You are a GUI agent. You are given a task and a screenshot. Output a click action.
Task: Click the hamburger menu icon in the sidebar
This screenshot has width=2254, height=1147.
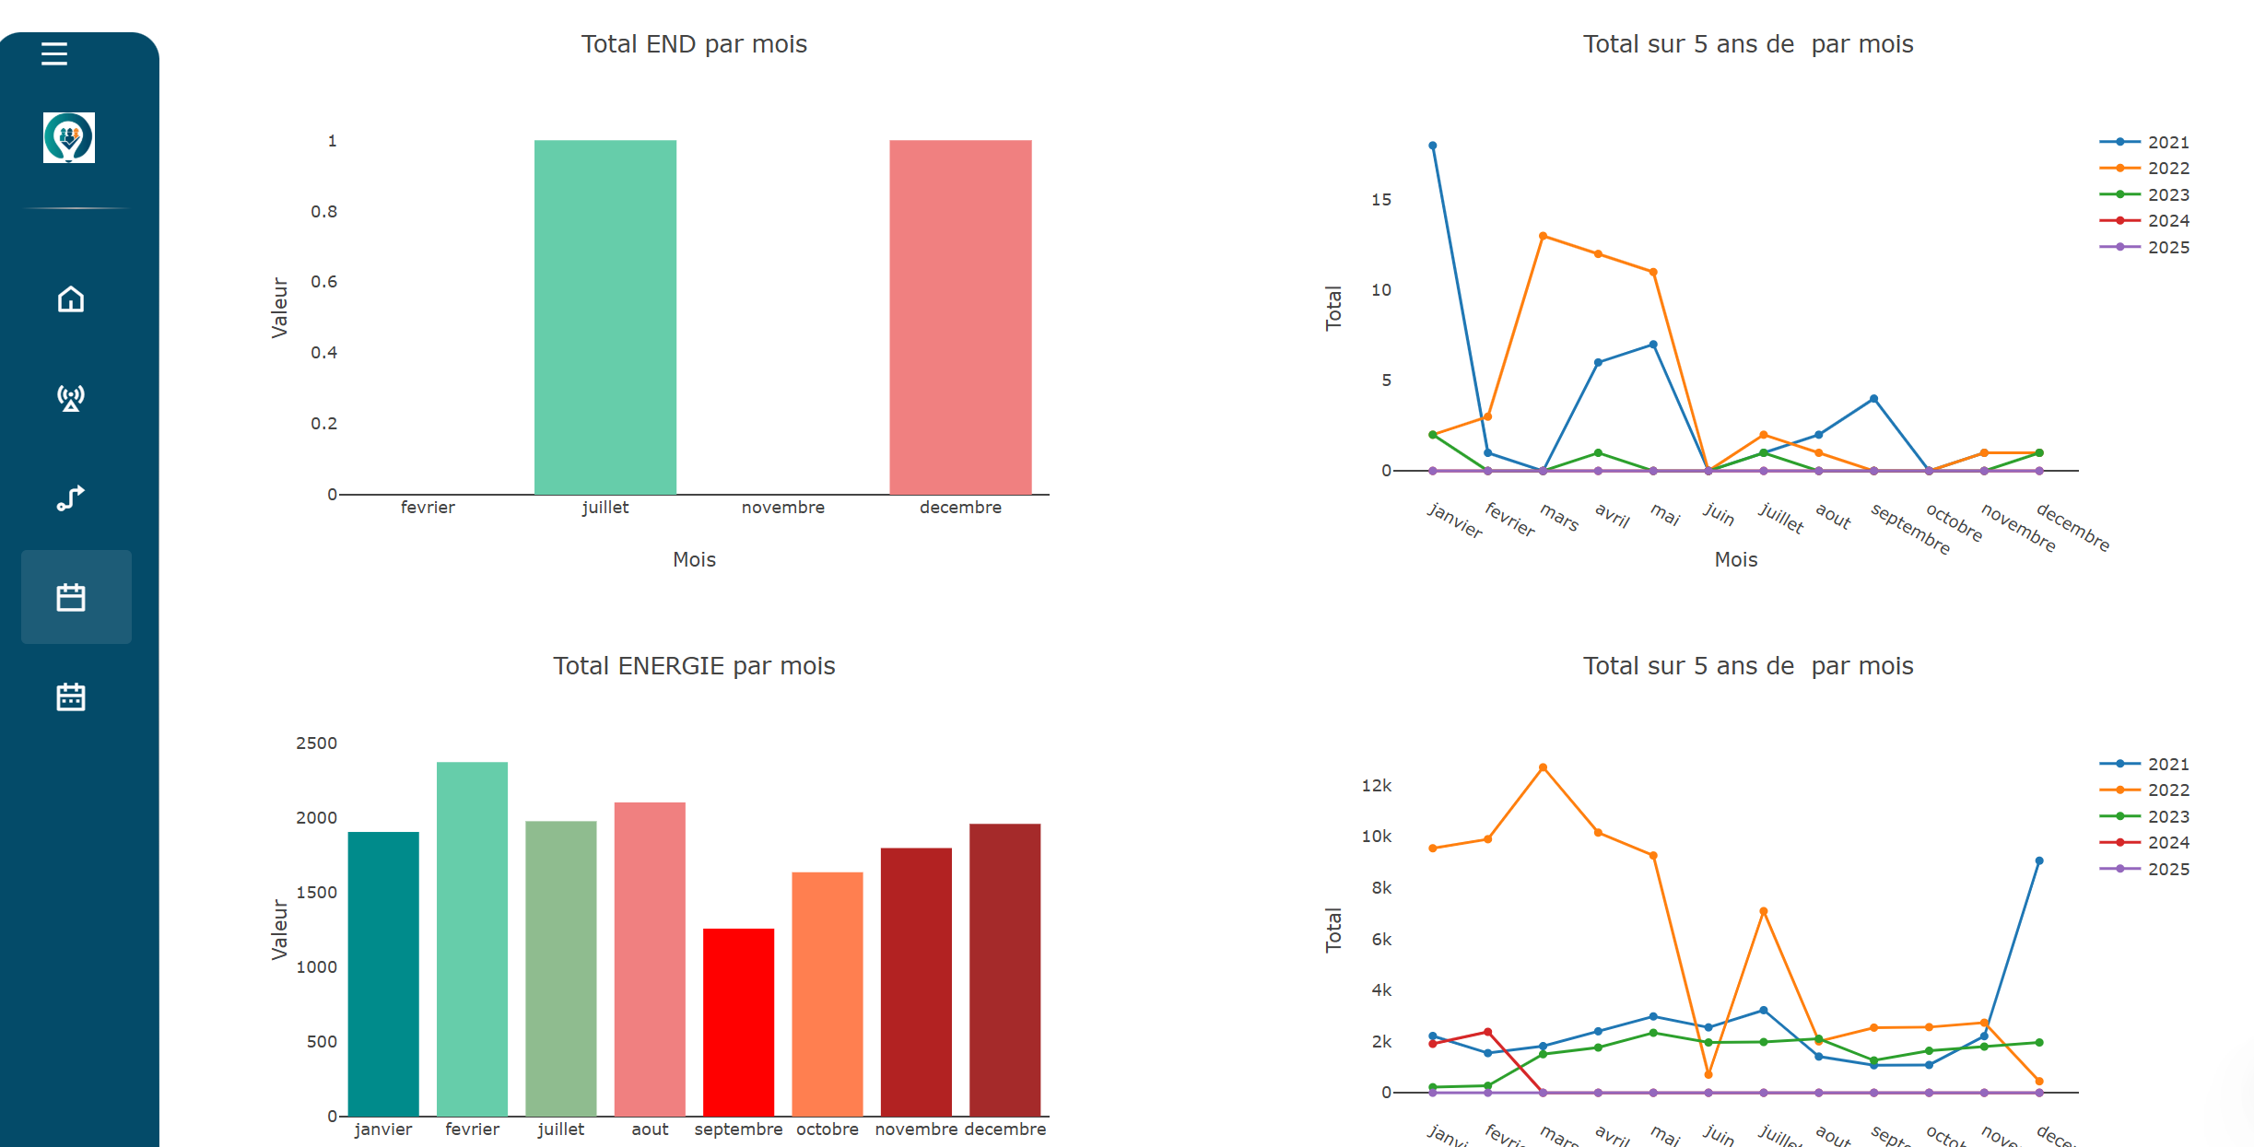(54, 53)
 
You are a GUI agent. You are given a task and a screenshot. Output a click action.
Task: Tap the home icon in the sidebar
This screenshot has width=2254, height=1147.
(71, 299)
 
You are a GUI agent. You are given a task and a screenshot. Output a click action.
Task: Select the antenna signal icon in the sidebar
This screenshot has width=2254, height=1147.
(71, 398)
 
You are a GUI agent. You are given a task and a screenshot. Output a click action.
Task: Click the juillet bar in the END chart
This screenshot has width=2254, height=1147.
(605, 317)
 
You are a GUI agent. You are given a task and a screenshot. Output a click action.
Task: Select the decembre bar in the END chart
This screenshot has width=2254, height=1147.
(960, 317)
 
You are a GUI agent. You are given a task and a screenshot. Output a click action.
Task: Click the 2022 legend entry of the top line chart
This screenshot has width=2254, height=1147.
(2155, 169)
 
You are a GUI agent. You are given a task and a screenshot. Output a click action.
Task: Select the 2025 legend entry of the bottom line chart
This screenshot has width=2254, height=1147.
(2155, 869)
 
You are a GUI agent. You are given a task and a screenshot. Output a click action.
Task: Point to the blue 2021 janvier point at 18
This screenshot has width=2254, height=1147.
(1432, 146)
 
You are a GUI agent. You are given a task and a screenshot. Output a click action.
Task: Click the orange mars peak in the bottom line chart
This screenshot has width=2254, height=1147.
(1543, 767)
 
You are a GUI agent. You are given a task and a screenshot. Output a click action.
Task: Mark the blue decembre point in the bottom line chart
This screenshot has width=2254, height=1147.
(2038, 860)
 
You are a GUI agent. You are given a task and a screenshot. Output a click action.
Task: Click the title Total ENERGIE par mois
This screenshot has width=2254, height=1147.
(693, 666)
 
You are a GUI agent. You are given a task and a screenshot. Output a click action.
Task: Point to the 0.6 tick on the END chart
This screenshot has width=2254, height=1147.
(323, 282)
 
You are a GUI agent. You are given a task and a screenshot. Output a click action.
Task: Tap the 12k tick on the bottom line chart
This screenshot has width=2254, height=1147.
(1376, 786)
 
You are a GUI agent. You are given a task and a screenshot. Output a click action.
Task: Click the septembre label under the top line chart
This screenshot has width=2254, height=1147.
(1910, 529)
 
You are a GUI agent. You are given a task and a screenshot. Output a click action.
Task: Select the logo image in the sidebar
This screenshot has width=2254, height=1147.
(69, 138)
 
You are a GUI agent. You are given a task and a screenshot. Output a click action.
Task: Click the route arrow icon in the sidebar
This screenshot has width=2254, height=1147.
(71, 497)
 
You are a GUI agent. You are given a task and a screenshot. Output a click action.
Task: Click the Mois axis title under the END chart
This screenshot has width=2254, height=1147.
(693, 559)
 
